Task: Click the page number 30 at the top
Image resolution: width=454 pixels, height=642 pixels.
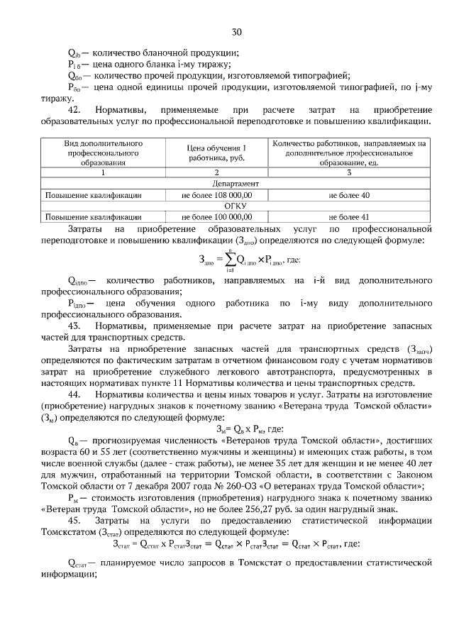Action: (x=236, y=31)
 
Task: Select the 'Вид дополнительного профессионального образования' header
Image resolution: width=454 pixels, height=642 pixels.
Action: (x=103, y=153)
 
